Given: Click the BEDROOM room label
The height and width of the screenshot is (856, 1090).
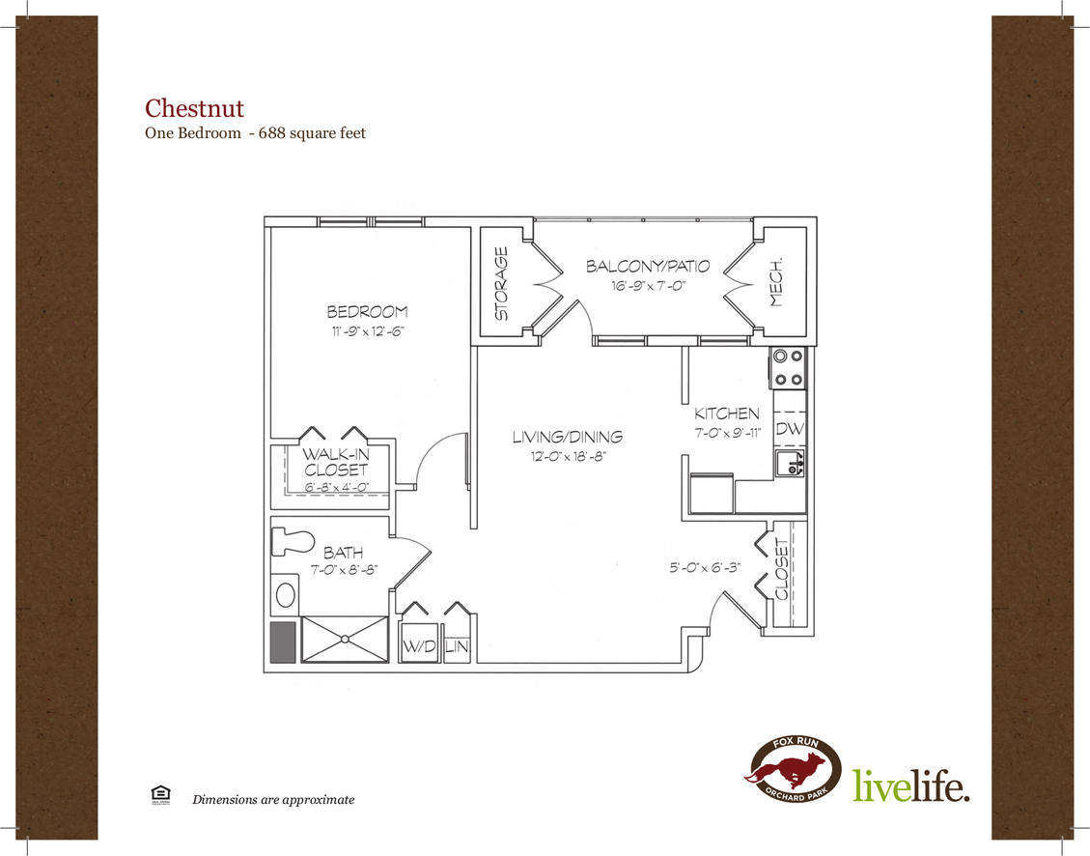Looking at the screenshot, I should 367,312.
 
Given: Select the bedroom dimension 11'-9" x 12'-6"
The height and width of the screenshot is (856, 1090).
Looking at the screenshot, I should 367,331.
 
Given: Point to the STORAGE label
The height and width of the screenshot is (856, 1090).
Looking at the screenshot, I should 502,284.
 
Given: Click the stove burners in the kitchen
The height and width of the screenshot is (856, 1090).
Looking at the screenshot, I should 788,367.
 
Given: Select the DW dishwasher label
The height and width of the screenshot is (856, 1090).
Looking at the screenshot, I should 789,429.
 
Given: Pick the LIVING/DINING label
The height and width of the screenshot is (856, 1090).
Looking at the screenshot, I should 567,438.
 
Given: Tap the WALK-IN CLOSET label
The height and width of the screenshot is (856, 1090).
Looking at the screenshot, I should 335,462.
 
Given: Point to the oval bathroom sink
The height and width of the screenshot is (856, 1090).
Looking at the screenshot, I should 285,593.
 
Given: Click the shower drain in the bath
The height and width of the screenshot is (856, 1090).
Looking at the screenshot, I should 345,639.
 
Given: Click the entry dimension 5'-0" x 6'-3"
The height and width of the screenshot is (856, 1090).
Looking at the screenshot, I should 705,568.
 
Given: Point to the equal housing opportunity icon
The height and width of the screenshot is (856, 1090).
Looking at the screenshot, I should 156,794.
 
